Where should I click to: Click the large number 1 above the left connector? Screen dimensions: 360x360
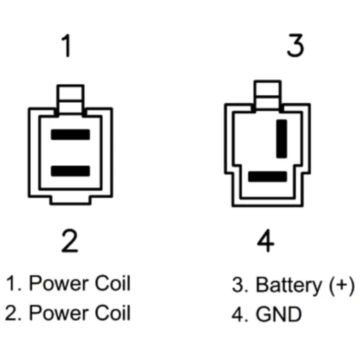pos(66,46)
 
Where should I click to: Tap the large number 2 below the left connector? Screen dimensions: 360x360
pos(70,241)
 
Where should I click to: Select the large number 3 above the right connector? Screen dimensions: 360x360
pos(296,45)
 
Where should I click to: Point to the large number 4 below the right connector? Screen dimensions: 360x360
pos(266,241)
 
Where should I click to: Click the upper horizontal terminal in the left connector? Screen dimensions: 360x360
pos(71,134)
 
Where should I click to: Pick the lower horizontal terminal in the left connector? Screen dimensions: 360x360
pos(71,171)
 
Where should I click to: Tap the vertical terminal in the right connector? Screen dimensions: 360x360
pos(282,138)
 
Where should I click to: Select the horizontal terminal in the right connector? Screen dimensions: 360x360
pos(267,177)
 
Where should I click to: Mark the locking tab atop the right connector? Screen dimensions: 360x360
pos(267,95)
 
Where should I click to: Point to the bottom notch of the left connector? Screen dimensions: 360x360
pos(71,200)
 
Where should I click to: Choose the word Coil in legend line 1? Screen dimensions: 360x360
pos(113,283)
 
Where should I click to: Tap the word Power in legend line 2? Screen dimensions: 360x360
pos(59,314)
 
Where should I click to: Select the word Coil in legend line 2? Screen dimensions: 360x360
pos(113,312)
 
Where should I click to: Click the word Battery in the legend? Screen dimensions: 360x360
pos(289,286)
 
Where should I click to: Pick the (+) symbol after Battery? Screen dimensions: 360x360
pos(342,286)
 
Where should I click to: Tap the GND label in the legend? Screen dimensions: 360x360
pos(279,314)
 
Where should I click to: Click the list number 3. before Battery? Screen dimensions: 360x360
pos(240,285)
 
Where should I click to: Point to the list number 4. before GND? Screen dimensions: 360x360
pos(240,314)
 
